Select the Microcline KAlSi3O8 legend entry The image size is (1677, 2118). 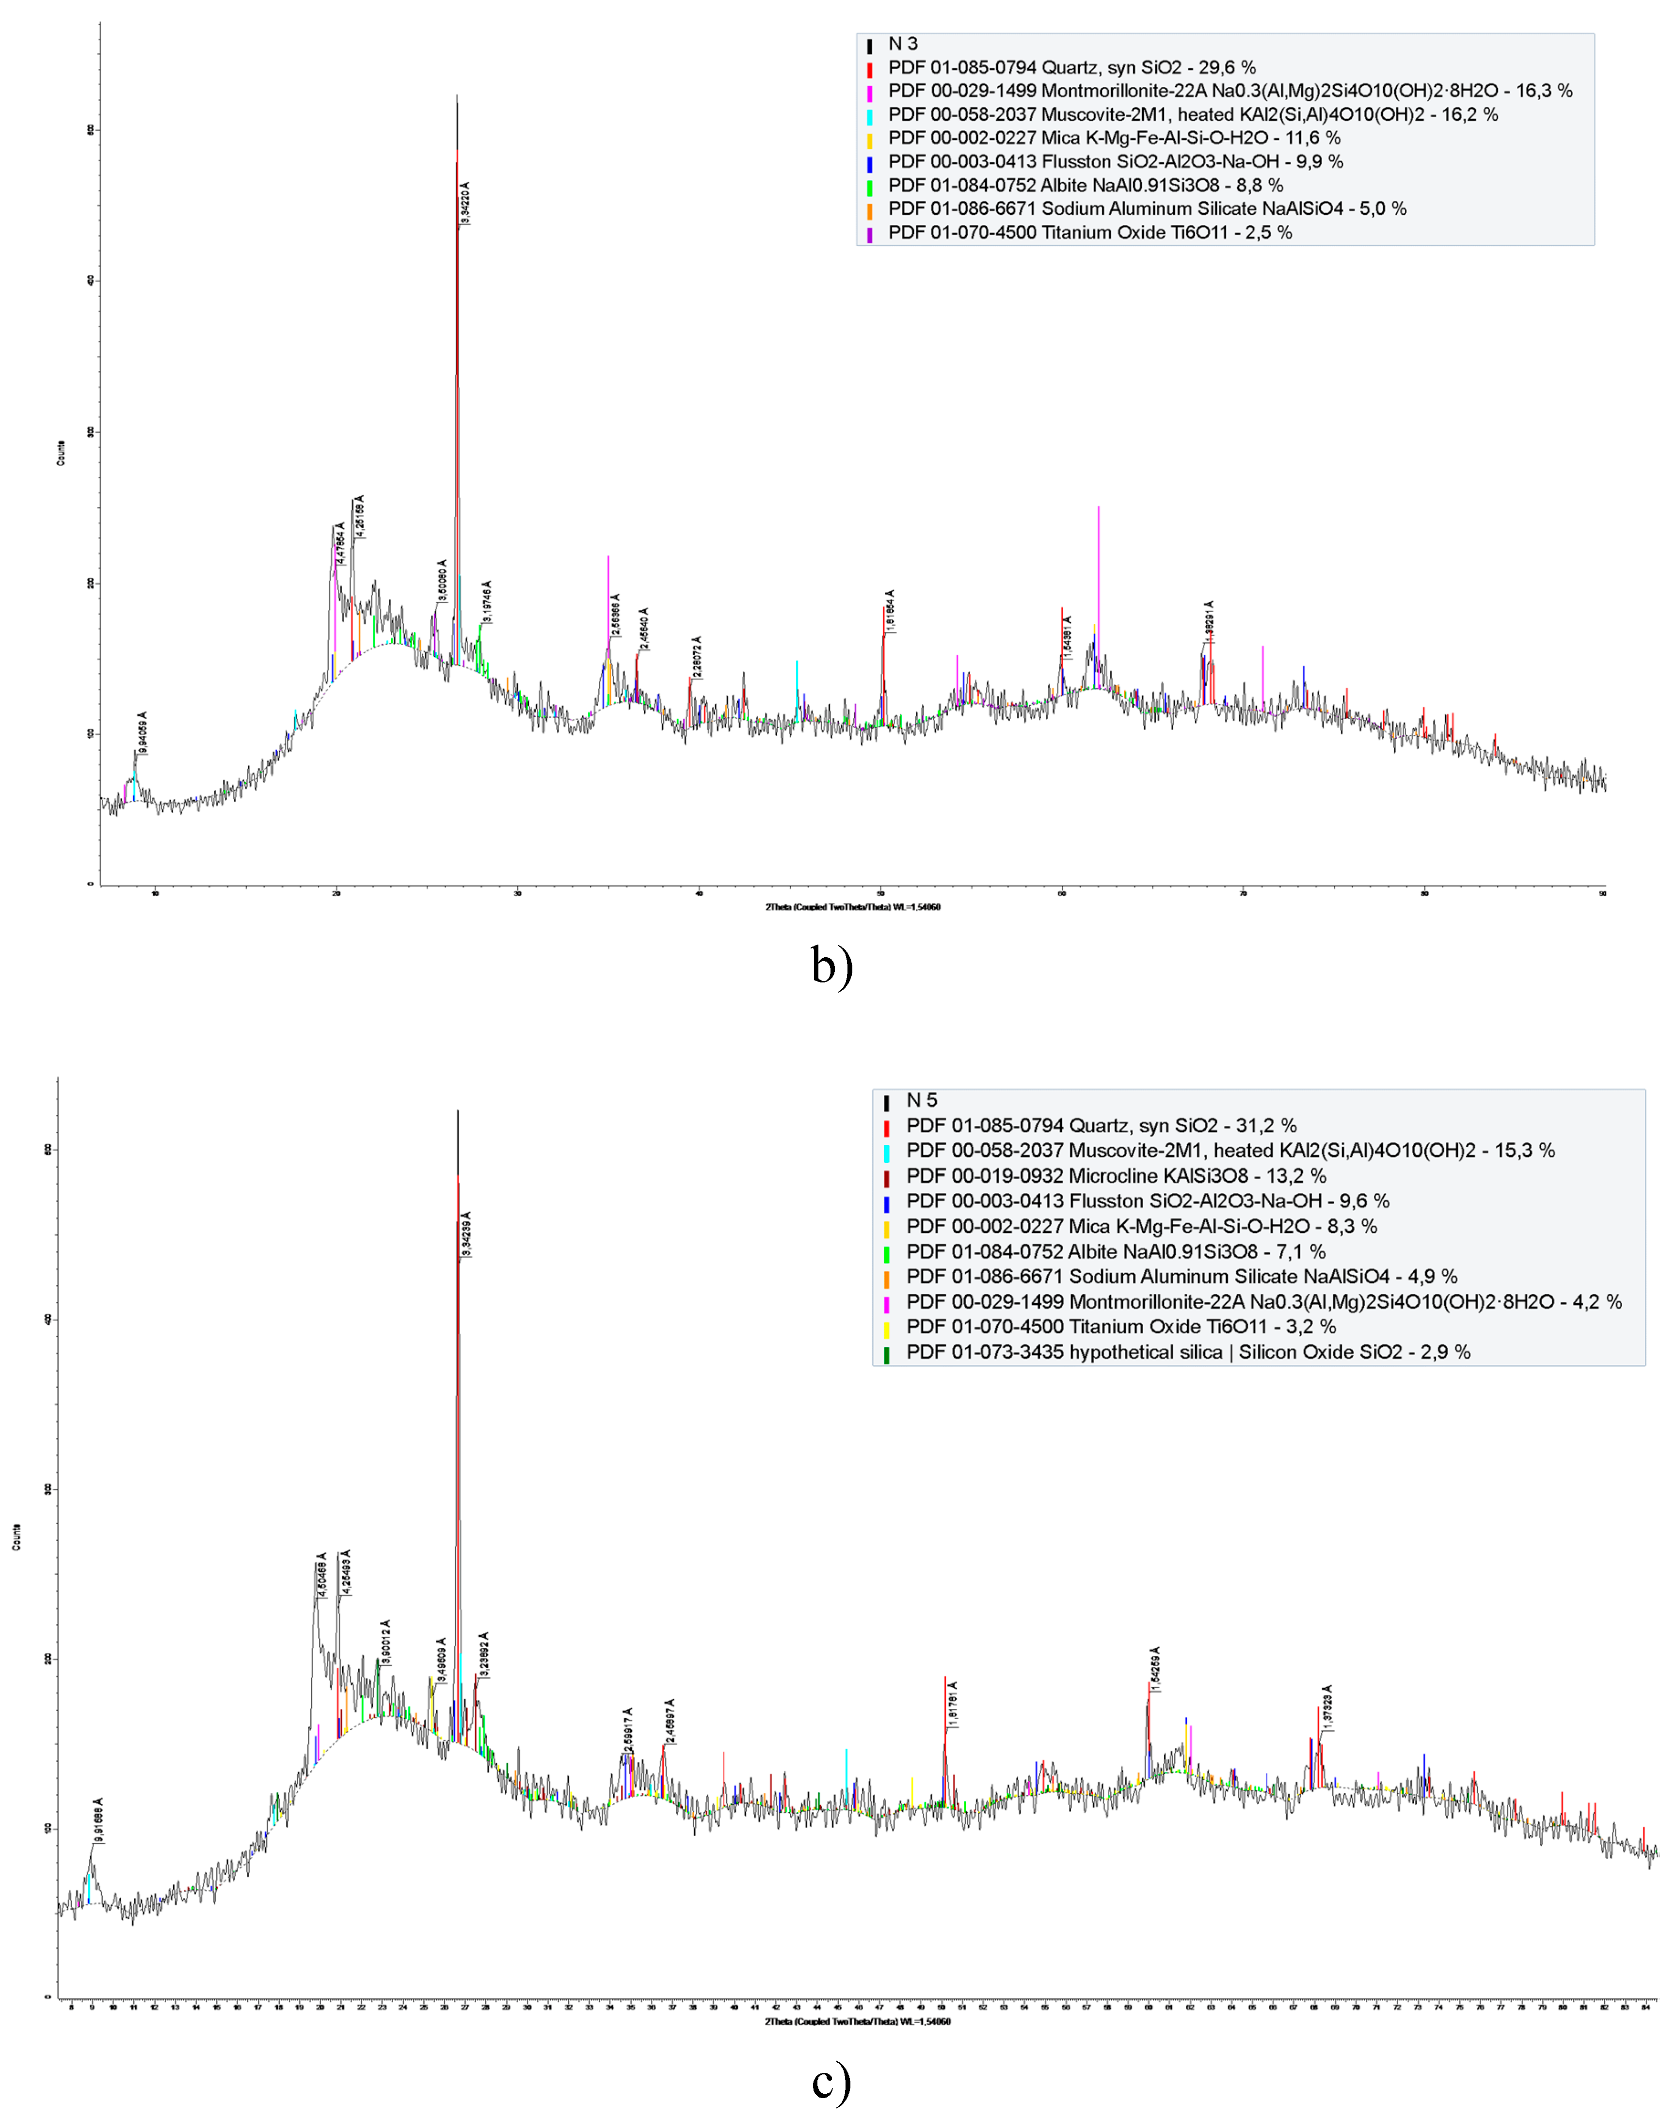coord(1116,1176)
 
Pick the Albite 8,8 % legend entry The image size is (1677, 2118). coord(1085,186)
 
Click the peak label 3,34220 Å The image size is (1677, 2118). coord(465,203)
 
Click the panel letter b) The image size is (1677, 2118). coord(831,967)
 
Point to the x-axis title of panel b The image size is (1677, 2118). coord(852,907)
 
